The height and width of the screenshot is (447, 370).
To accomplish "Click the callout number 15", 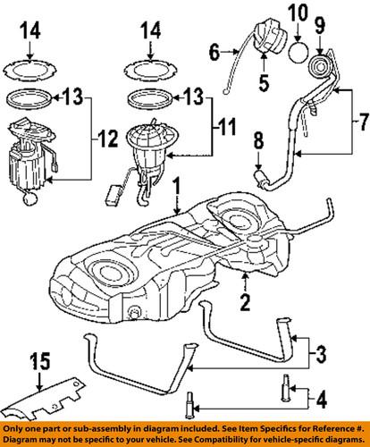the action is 39,362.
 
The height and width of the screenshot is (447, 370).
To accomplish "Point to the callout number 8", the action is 258,141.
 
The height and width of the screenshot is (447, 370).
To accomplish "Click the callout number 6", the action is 214,52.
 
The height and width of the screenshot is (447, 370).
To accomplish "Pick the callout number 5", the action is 264,82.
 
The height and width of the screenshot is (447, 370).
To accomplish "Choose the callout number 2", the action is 245,302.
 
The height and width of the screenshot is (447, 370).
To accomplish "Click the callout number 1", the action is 177,186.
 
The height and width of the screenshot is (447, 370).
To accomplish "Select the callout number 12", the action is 108,139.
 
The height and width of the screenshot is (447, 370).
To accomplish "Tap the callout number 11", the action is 226,126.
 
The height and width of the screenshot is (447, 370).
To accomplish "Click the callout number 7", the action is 363,122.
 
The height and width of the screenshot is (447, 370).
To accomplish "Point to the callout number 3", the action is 321,353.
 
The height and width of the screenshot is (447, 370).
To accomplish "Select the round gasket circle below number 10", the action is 299,52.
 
